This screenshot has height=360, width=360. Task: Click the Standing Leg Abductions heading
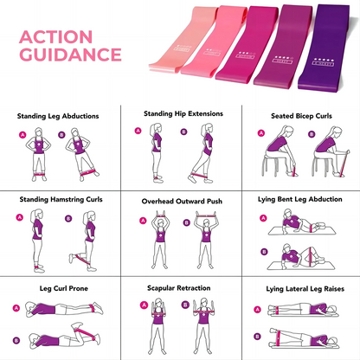tap(60, 114)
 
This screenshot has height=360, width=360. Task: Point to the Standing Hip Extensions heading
tap(182, 112)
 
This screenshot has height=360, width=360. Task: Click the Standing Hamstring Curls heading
tap(61, 199)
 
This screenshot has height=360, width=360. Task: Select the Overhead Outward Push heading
tap(182, 201)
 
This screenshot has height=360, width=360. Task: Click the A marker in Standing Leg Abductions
tap(22, 135)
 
